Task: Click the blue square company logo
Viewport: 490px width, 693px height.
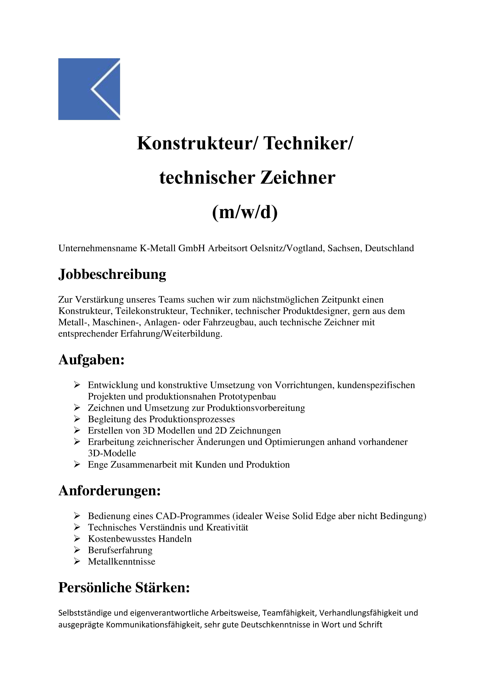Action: point(89,89)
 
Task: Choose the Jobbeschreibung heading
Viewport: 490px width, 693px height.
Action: point(112,274)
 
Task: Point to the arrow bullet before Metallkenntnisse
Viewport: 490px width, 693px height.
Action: point(77,561)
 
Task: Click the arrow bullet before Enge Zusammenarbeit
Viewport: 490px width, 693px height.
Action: point(77,464)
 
